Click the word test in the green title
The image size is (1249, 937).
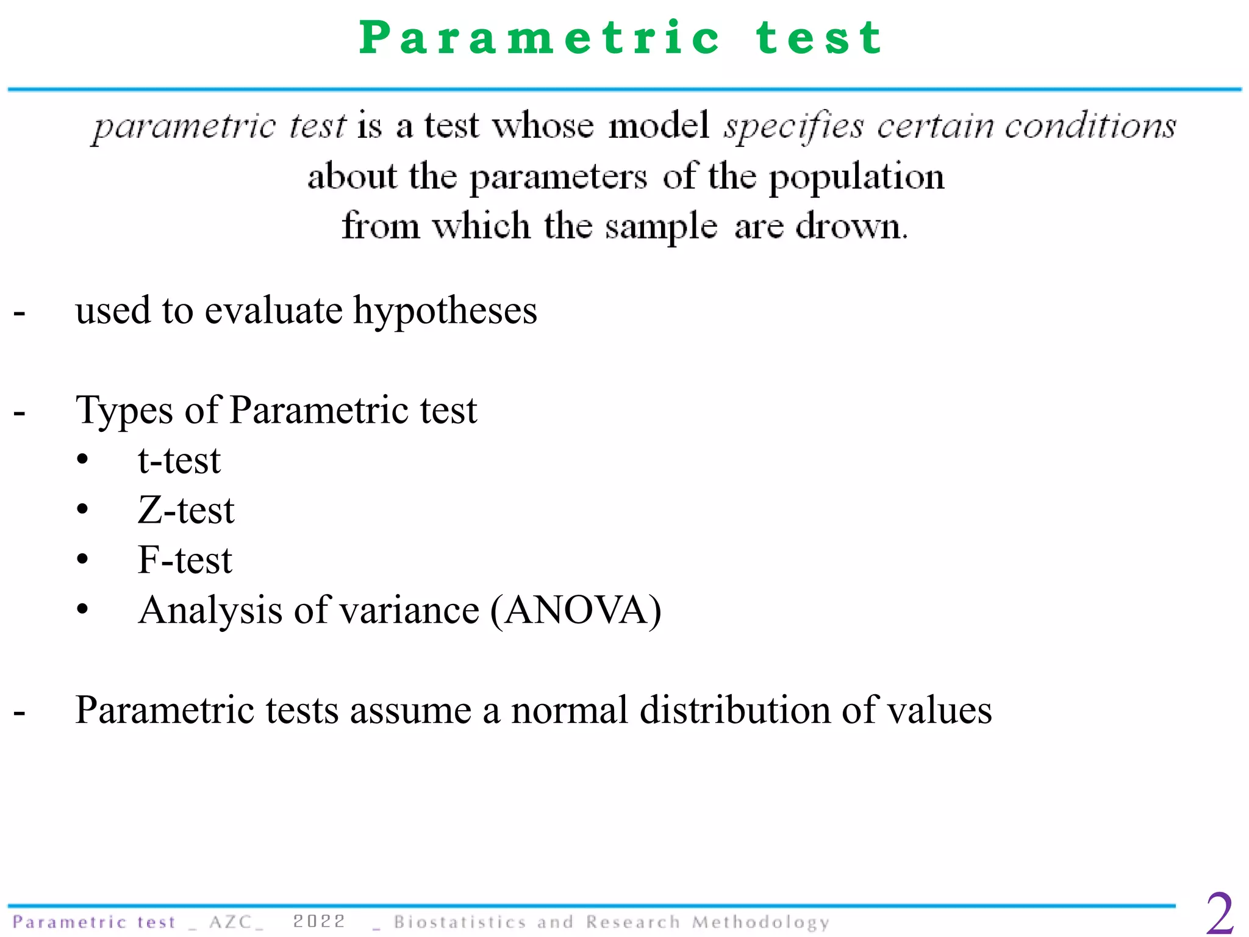[x=819, y=38]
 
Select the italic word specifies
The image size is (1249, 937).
[x=793, y=126]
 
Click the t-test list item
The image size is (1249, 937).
[x=179, y=461]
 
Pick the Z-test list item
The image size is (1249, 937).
[x=185, y=511]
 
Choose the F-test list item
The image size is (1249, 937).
[x=185, y=560]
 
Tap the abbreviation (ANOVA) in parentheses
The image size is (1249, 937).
[x=576, y=610]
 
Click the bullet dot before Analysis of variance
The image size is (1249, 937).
[x=82, y=609]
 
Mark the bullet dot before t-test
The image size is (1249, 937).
[x=82, y=460]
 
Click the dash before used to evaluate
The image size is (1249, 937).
[x=20, y=313]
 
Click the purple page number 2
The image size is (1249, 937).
[x=1220, y=913]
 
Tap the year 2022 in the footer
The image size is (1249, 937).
[x=319, y=921]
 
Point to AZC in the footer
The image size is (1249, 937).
[x=231, y=922]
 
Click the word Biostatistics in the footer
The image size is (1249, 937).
[x=459, y=922]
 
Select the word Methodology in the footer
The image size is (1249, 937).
[x=760, y=922]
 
